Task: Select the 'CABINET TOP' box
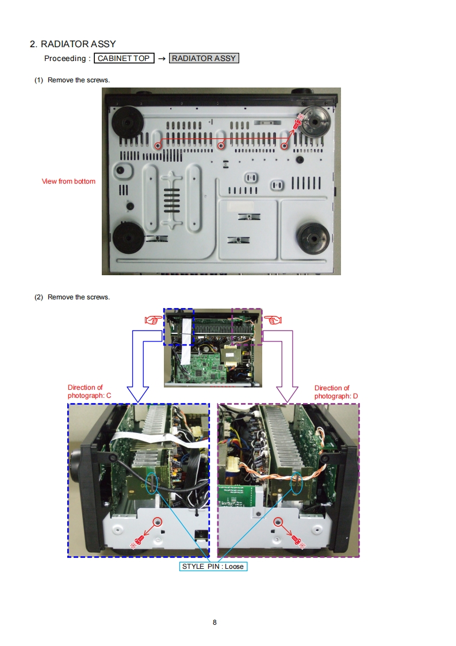[124, 58]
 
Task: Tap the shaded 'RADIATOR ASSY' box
[204, 58]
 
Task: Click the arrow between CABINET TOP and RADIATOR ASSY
[162, 58]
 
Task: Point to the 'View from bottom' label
[68, 181]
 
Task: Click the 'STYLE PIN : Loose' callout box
[213, 567]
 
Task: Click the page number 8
[214, 622]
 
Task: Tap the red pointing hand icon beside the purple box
[273, 318]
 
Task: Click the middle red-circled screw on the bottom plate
[221, 146]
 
